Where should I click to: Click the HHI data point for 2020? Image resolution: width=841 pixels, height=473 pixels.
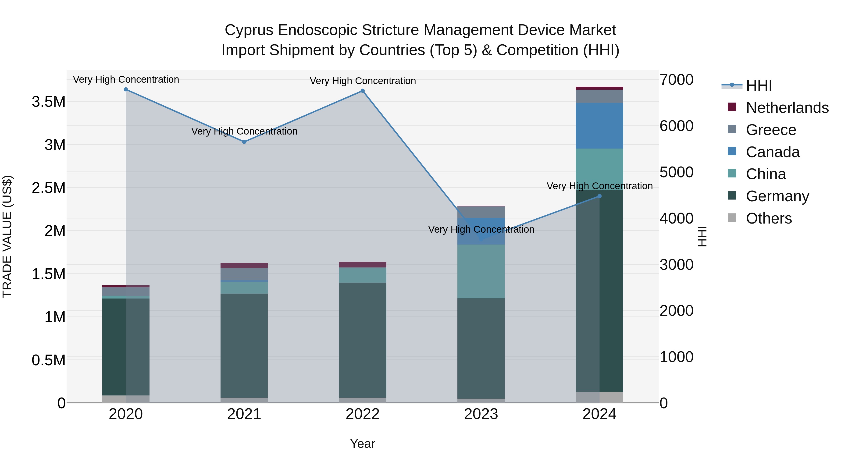pyautogui.click(x=126, y=89)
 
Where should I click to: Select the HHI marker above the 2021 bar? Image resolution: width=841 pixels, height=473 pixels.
pyautogui.click(x=244, y=142)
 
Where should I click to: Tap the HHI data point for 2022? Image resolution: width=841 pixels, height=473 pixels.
pyautogui.click(x=362, y=91)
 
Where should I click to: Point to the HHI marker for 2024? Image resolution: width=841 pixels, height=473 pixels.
pyautogui.click(x=599, y=196)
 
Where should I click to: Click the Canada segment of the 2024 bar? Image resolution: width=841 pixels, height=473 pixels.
pyautogui.click(x=599, y=126)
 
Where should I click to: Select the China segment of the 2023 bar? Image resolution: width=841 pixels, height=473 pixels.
pyautogui.click(x=481, y=271)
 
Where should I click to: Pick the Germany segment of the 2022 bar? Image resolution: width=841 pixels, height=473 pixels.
pyautogui.click(x=362, y=339)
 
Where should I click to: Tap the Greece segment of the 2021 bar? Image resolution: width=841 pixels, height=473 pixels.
pyautogui.click(x=244, y=274)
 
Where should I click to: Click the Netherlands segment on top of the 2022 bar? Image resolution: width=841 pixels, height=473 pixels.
pyautogui.click(x=362, y=264)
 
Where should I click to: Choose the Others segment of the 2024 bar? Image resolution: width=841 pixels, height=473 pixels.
pyautogui.click(x=599, y=397)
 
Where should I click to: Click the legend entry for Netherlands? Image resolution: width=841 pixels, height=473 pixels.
pyautogui.click(x=787, y=108)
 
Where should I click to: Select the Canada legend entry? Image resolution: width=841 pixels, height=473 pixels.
pyautogui.click(x=773, y=152)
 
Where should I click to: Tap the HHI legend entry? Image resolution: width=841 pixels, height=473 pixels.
pyautogui.click(x=759, y=85)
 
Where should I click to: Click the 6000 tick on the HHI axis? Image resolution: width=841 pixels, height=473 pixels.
pyautogui.click(x=677, y=126)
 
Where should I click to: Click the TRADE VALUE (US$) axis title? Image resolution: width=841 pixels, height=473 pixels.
pyautogui.click(x=7, y=236)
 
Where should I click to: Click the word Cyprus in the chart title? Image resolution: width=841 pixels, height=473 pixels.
pyautogui.click(x=249, y=30)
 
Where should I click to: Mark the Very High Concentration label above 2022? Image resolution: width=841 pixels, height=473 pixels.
pyautogui.click(x=362, y=81)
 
